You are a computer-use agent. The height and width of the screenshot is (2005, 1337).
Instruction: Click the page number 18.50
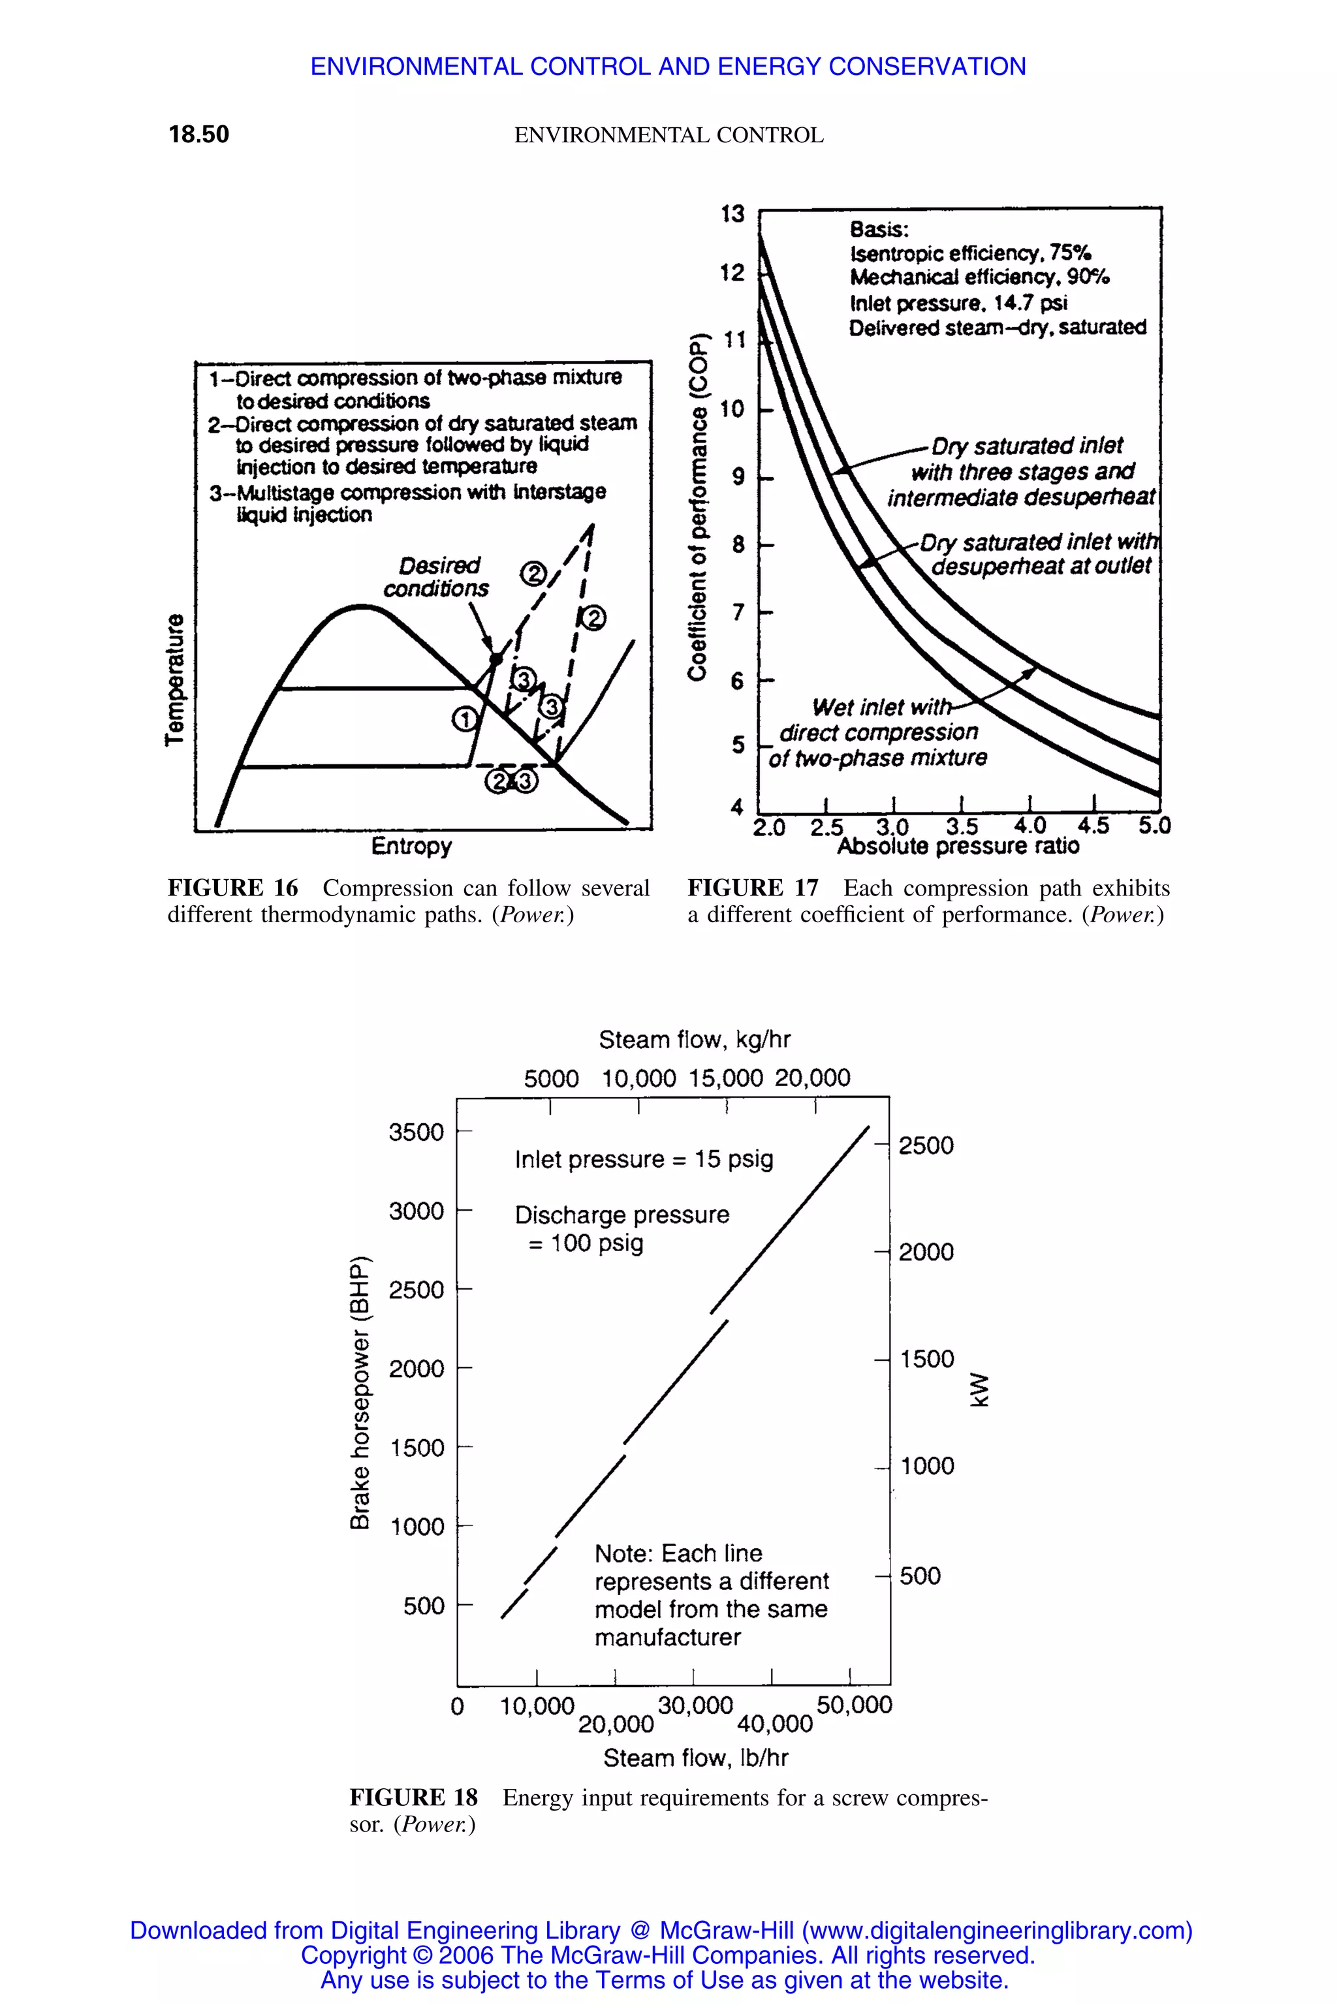[x=198, y=134]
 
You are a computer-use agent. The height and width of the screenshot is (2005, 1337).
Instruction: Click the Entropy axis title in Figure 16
[x=411, y=846]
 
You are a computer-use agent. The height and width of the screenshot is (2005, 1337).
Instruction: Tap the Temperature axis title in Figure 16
[x=175, y=679]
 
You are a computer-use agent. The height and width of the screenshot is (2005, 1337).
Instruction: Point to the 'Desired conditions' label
[x=437, y=577]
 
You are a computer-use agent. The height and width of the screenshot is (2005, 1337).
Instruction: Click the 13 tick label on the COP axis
[x=732, y=214]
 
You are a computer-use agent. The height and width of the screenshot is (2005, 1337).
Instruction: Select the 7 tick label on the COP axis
[x=738, y=612]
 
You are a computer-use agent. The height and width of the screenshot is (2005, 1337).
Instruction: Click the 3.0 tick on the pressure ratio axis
[x=893, y=827]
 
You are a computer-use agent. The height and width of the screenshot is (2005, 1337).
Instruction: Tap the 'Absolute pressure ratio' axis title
[x=958, y=847]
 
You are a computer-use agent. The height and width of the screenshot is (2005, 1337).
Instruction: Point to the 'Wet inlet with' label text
[x=881, y=707]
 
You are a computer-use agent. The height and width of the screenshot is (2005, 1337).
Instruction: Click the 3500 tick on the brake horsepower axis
[x=416, y=1132]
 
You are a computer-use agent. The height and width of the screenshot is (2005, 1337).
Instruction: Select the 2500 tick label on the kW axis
[x=926, y=1145]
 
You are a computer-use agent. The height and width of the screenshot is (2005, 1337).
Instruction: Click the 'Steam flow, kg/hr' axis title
[x=694, y=1039]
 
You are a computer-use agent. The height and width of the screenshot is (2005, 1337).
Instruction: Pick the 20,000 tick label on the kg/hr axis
[x=813, y=1078]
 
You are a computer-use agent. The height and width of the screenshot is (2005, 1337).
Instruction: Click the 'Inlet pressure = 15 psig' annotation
[x=644, y=1159]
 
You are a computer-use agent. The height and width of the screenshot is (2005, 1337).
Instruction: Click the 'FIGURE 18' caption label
[x=413, y=1798]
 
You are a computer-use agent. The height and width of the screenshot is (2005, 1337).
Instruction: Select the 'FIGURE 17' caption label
[x=752, y=888]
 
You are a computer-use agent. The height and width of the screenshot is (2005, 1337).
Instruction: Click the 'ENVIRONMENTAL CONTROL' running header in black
[x=668, y=134]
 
